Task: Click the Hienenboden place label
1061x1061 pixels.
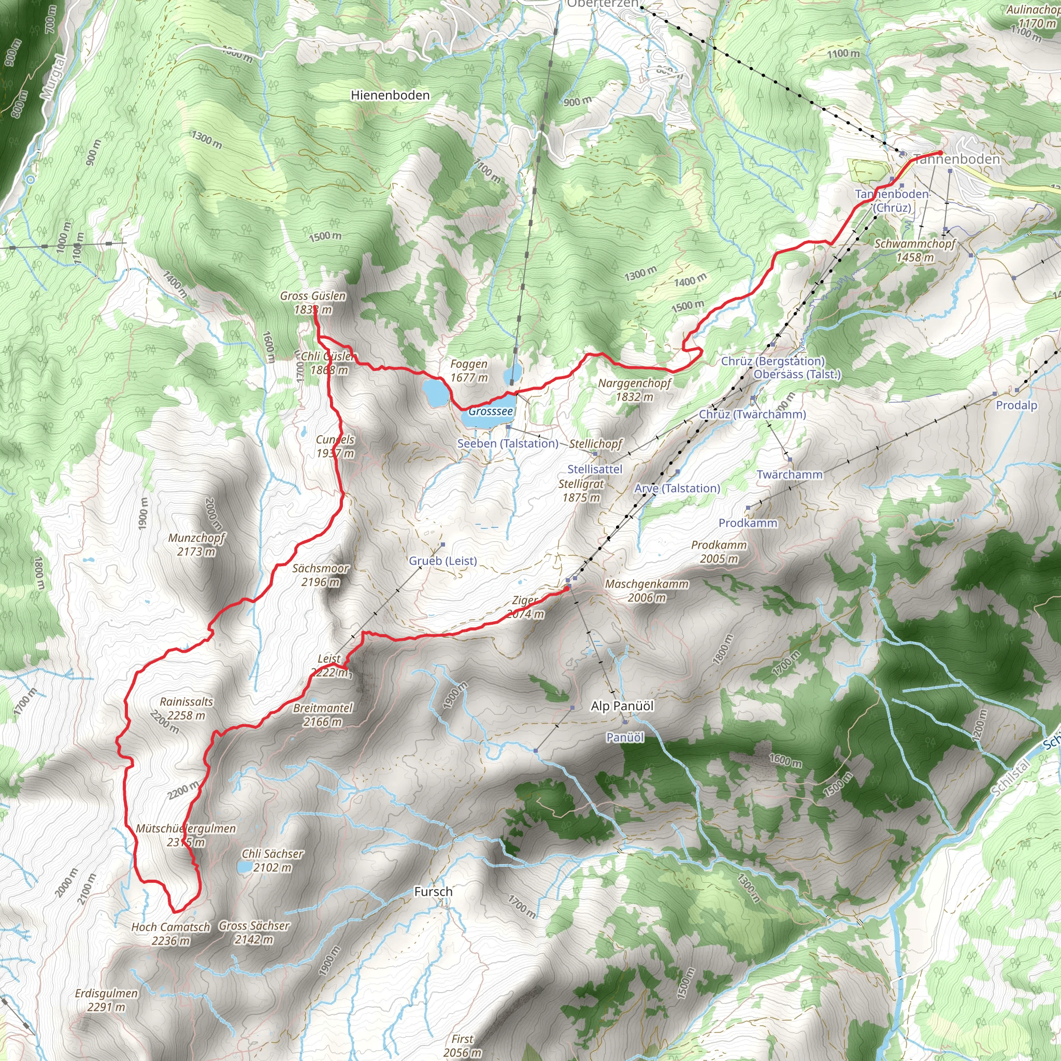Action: point(390,95)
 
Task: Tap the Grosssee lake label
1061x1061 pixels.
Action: point(491,411)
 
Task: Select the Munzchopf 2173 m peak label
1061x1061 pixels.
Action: point(196,544)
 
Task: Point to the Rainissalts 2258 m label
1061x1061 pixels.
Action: point(186,708)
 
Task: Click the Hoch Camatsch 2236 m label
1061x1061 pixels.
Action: point(171,934)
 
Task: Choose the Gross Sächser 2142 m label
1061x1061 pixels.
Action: point(254,933)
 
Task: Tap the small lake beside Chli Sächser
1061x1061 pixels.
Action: point(245,867)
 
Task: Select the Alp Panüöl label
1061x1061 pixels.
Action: point(622,706)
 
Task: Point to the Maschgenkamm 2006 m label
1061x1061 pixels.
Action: point(647,591)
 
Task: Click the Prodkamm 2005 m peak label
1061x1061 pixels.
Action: point(719,551)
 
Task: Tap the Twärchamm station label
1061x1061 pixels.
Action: point(789,475)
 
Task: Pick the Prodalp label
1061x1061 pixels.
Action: point(1016,405)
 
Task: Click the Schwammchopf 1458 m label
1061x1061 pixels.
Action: point(915,250)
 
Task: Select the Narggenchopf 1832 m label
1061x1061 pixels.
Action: point(634,390)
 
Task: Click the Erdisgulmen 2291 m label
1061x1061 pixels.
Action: point(107,1000)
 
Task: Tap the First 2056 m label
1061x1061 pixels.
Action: point(463,1045)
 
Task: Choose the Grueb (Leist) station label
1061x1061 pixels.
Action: point(442,561)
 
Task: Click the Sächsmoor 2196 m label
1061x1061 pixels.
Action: point(320,575)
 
